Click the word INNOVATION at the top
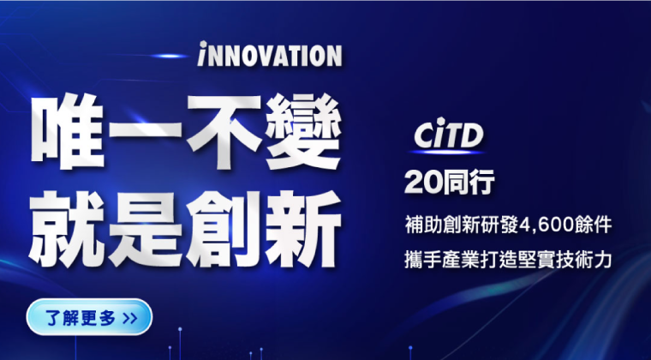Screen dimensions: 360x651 pos(269,56)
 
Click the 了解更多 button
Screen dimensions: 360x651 pos(89,317)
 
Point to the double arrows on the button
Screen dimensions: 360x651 pos(129,318)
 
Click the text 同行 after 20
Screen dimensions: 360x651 pos(466,183)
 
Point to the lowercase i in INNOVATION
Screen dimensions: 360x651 pos(201,56)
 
